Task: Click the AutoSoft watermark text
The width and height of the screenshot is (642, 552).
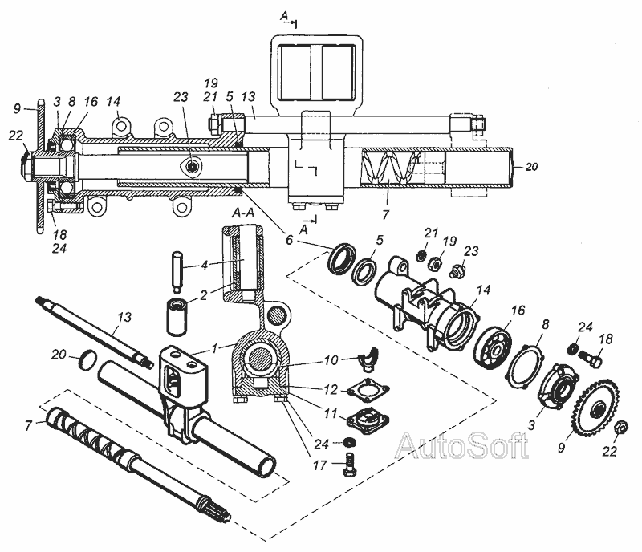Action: point(462,444)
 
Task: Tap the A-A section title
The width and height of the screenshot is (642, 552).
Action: point(243,213)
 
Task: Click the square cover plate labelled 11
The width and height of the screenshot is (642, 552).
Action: point(368,420)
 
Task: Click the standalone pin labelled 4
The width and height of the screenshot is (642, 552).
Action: point(176,272)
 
